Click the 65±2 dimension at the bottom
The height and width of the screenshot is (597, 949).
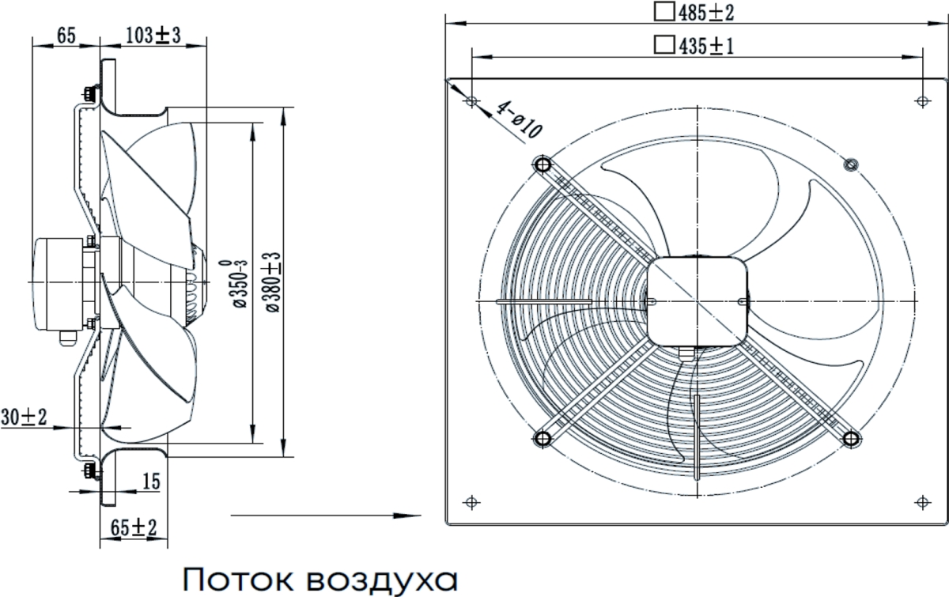coord(134,527)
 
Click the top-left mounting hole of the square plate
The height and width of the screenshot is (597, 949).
coord(471,101)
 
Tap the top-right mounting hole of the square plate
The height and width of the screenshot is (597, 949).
coord(921,101)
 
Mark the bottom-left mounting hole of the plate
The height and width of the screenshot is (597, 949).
coord(471,501)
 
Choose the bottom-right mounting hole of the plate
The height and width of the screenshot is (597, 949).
coord(921,501)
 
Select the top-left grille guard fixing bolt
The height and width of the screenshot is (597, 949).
coord(543,164)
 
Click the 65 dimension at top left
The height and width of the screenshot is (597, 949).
coord(66,36)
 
